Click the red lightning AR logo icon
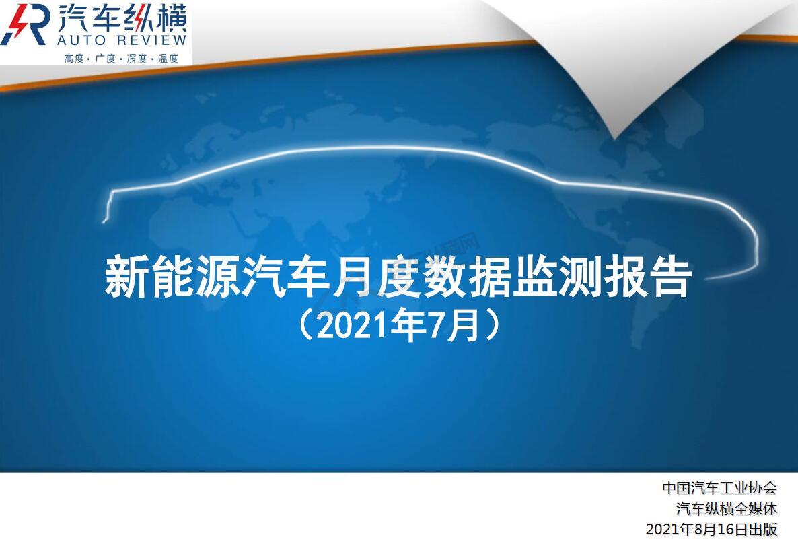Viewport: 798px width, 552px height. [x=26, y=24]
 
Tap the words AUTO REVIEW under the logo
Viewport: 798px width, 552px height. [x=122, y=40]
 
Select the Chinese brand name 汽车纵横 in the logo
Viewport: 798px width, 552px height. [x=122, y=18]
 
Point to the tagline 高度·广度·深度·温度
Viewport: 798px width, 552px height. [x=121, y=58]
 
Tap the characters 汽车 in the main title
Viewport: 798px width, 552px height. [x=285, y=277]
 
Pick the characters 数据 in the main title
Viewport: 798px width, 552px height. [x=466, y=277]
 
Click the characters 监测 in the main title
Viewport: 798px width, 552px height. [x=556, y=277]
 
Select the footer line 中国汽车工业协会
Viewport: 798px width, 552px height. [x=720, y=488]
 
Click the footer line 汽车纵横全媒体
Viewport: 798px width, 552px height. [x=727, y=509]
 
